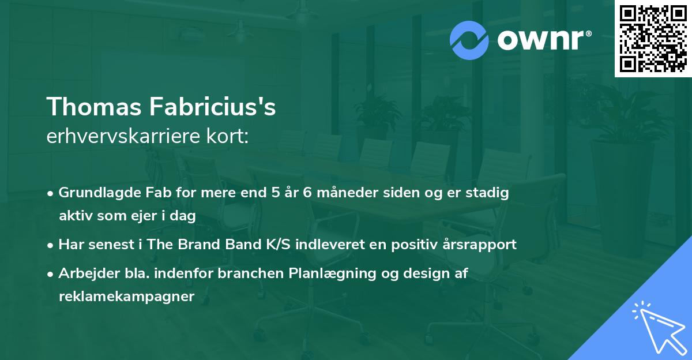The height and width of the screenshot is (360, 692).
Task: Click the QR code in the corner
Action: click(x=653, y=39)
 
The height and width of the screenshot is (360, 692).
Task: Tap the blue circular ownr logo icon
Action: click(x=469, y=40)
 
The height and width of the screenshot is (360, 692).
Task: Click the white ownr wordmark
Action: click(x=544, y=40)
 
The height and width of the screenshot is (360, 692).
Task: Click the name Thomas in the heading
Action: click(x=94, y=107)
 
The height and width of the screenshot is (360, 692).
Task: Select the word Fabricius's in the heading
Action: click(x=213, y=106)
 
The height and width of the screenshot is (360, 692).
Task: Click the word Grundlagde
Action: click(x=100, y=193)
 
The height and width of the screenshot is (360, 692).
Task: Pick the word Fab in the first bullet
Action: click(x=159, y=193)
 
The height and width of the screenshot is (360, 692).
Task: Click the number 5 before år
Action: click(x=276, y=193)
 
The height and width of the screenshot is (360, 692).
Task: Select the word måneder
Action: click(x=348, y=193)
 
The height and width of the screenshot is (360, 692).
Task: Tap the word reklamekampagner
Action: click(x=127, y=297)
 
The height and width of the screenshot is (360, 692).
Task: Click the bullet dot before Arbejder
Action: click(x=50, y=274)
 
